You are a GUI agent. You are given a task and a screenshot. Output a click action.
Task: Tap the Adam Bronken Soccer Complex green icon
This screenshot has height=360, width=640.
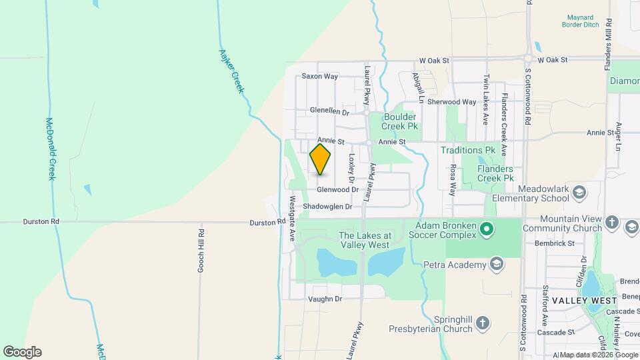(x=487, y=230)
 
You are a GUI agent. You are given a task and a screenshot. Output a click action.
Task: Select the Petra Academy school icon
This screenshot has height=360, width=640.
(x=495, y=265)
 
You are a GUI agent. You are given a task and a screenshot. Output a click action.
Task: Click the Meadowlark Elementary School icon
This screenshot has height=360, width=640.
(x=579, y=193)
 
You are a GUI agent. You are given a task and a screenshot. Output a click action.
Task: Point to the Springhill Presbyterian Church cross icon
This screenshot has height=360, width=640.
(x=483, y=325)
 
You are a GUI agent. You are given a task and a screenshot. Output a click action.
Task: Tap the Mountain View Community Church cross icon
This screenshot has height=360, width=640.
(x=612, y=223)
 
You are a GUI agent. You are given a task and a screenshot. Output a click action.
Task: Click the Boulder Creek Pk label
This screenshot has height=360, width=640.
(x=400, y=121)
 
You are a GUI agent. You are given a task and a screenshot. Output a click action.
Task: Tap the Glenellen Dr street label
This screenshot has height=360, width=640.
(x=329, y=111)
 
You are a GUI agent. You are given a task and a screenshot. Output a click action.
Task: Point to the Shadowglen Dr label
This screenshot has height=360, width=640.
(x=327, y=207)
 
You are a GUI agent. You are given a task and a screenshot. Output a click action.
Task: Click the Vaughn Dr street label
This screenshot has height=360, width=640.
(x=325, y=299)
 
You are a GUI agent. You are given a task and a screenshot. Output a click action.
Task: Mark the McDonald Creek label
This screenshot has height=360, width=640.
(x=51, y=149)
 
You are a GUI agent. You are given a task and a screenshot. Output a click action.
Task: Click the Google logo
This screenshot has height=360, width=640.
(x=22, y=351)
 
